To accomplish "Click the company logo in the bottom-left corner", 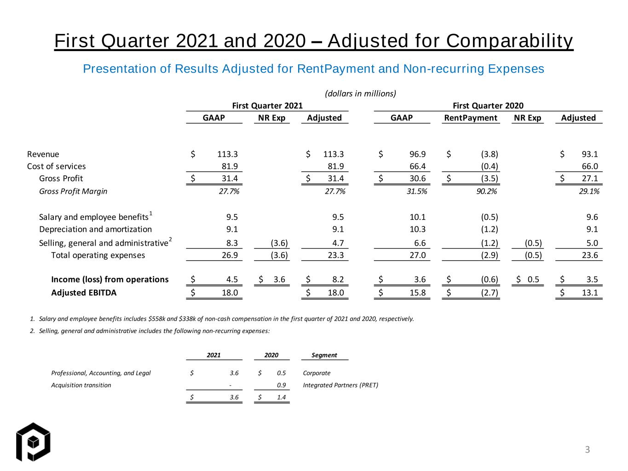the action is [33, 442].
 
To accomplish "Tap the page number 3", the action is [587, 449].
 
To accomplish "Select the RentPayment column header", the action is [470, 118].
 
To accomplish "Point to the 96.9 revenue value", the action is [417, 154].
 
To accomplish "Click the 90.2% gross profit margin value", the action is [486, 191].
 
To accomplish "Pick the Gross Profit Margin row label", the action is [73, 191].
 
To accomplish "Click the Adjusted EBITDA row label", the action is [84, 293].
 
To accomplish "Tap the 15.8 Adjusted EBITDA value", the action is [417, 293].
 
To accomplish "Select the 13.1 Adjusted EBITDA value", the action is [590, 293].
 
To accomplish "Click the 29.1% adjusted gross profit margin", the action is [589, 191].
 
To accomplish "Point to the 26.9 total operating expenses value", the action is [230, 255].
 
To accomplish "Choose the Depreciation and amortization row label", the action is [95, 230].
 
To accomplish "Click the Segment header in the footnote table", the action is [324, 355].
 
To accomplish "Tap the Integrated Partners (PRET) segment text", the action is [340, 385].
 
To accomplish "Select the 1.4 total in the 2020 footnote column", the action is [281, 397].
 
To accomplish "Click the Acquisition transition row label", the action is [81, 385].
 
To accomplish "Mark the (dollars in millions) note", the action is [360, 93].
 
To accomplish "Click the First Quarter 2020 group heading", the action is [488, 106].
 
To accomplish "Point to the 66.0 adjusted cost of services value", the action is [590, 166].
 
